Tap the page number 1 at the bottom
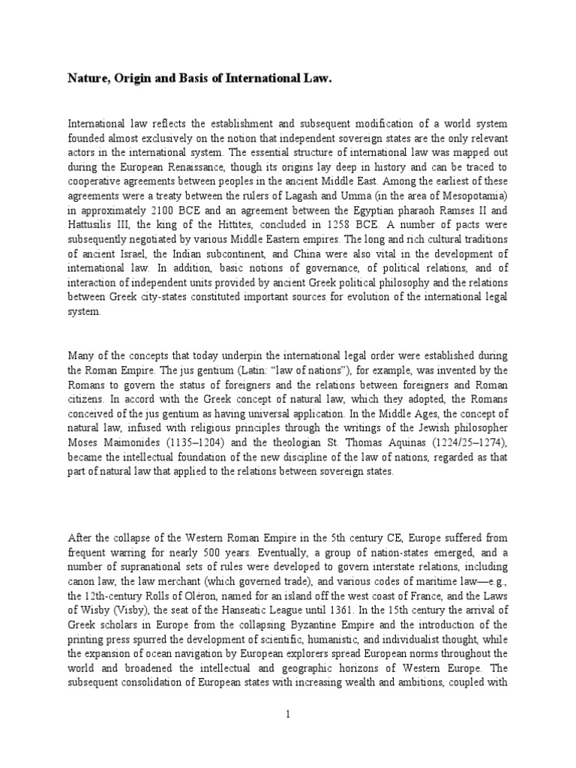(287, 715)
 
